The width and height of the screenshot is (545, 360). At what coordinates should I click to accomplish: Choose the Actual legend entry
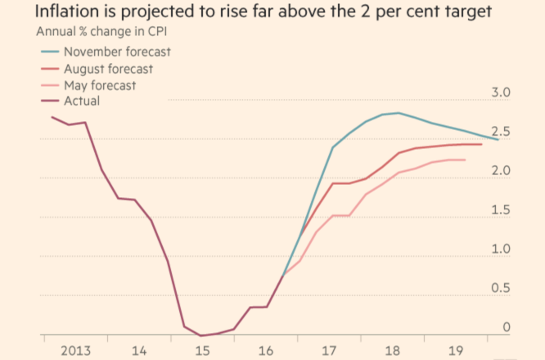[81, 101]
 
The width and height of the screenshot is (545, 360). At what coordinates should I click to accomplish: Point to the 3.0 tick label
[501, 92]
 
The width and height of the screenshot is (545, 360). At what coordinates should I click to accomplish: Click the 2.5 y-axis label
[501, 132]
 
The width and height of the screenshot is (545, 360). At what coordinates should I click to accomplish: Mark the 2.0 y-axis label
[501, 171]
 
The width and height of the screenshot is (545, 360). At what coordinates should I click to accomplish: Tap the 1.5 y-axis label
[501, 210]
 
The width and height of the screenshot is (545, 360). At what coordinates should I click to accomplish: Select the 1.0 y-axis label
[501, 250]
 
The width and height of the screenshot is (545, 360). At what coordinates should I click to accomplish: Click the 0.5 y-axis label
[501, 289]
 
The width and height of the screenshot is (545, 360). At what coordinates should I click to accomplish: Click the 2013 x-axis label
[76, 350]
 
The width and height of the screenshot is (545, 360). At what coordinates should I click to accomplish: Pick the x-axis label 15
[200, 350]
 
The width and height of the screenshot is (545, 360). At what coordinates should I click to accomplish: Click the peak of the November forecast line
[399, 113]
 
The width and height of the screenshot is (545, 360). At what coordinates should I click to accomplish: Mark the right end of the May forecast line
[465, 160]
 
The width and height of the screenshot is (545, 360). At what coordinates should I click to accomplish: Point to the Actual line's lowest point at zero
[200, 335]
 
